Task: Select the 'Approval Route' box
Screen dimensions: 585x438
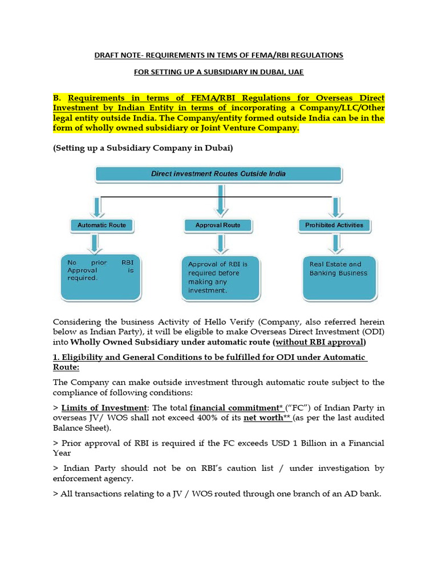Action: coord(217,225)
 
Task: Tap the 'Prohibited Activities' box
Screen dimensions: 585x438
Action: coord(334,225)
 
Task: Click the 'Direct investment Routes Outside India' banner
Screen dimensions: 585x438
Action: coord(218,174)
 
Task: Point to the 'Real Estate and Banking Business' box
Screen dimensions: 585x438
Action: coord(339,278)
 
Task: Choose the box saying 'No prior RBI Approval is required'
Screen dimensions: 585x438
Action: coord(100,277)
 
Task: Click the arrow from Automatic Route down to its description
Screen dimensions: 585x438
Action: coord(96,242)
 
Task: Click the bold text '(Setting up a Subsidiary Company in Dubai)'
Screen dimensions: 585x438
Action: coord(143,149)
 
